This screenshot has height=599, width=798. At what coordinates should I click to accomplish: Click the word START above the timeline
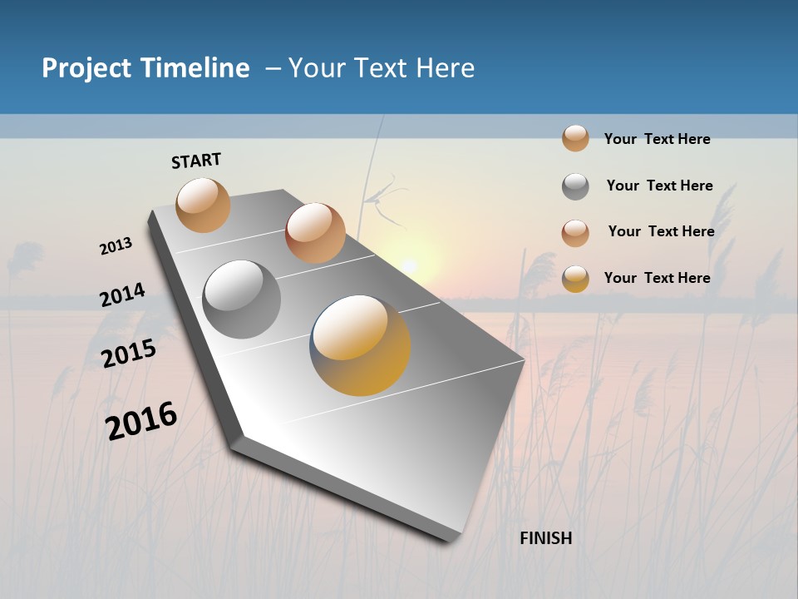[x=196, y=161]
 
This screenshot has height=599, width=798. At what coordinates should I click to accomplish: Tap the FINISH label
[x=545, y=538]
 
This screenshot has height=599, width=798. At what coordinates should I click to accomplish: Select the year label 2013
[x=116, y=246]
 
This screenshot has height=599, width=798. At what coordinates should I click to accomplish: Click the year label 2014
[x=122, y=295]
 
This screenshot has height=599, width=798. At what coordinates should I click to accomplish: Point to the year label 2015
[x=128, y=354]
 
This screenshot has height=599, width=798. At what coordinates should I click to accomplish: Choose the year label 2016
[x=141, y=420]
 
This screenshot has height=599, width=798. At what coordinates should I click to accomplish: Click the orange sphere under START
[x=203, y=205]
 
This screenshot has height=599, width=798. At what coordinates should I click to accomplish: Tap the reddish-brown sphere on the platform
[x=314, y=232]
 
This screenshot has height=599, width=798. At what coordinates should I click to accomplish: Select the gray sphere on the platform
[x=242, y=299]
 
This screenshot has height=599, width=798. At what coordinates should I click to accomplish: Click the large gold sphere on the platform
[x=360, y=344]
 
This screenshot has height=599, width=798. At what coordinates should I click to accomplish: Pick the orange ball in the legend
[x=575, y=138]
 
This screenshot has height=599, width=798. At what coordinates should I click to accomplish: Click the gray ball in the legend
[x=575, y=186]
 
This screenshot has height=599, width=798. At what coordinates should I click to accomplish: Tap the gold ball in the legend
[x=575, y=279]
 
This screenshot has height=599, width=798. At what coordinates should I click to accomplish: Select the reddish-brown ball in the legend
[x=575, y=233]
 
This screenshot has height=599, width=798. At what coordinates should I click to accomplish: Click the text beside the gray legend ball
[x=659, y=186]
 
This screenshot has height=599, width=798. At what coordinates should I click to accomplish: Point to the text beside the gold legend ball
[x=657, y=278]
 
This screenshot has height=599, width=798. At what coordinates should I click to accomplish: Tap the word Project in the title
[x=86, y=68]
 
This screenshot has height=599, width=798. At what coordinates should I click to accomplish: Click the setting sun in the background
[x=409, y=265]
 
